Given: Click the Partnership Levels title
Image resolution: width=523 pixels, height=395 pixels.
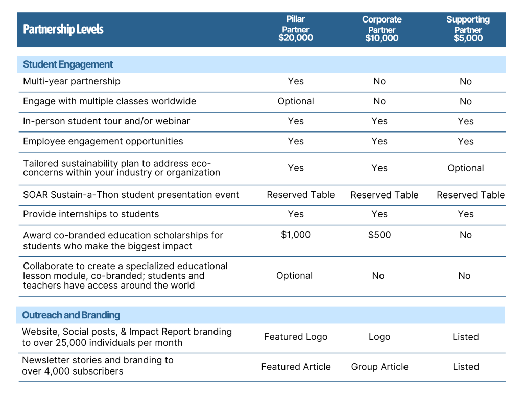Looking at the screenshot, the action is coord(63,29).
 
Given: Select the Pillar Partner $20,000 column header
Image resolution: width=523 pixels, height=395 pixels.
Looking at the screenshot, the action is coord(296,29).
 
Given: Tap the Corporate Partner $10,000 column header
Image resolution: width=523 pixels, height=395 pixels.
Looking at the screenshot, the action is coord(382,29).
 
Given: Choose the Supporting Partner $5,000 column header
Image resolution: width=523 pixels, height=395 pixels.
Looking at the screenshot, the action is coord(468,29).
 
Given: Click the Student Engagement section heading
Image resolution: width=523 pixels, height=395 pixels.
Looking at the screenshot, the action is coord(68,64).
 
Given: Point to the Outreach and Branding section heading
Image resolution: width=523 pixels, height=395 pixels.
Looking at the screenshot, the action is coord(71,315).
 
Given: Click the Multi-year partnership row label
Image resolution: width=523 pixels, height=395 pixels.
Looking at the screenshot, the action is coord(72,81).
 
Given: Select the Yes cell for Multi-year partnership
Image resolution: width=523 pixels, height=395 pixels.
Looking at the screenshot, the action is coord(296,81).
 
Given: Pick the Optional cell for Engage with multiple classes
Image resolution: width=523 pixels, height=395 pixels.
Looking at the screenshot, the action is coord(296,102).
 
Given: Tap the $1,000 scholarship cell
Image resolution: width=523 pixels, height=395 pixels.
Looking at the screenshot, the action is coord(296,235).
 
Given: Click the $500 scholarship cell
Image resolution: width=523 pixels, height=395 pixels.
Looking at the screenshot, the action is coord(379,235).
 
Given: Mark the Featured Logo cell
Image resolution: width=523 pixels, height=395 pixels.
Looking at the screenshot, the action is coord(296,337).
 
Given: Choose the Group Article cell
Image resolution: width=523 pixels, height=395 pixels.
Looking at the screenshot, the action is coord(379,367).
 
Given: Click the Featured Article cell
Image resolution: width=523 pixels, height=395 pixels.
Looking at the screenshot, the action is coord(296,367).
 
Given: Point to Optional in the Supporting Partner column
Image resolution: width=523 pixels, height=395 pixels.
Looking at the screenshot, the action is coord(466,168).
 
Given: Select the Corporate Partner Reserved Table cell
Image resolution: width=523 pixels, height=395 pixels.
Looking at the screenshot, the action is coord(385,195).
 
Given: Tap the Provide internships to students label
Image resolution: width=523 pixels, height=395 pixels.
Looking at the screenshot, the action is coord(91,214).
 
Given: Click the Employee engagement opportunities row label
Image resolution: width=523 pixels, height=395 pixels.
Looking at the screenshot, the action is coord(103,141).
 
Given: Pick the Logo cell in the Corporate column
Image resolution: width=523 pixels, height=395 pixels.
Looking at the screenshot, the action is coord(379,337).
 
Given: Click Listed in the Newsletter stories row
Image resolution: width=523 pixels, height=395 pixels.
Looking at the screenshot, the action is coord(466,367).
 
